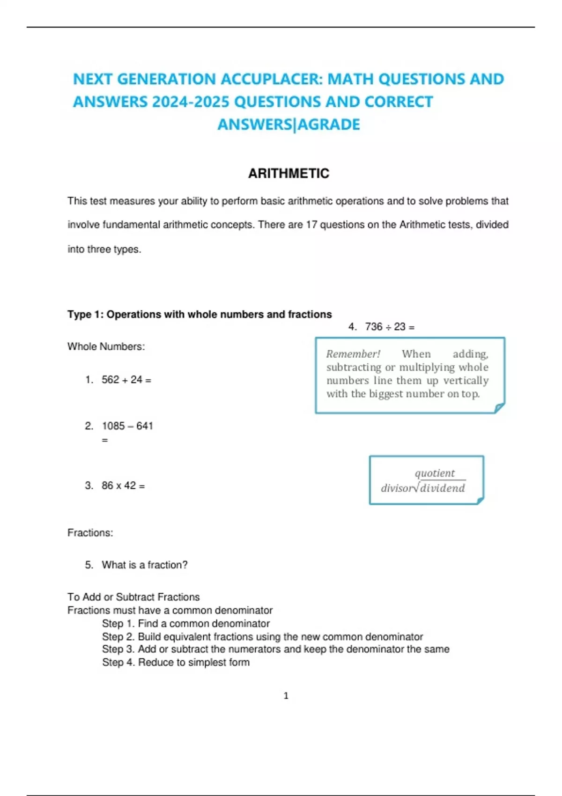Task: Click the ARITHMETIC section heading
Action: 288,174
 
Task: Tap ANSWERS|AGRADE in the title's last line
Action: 288,125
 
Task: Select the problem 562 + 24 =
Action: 126,380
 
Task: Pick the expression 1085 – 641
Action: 127,426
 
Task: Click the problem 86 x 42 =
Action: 123,486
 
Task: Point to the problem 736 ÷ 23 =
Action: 389,327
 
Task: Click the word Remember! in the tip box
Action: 353,354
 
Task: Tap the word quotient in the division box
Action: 435,473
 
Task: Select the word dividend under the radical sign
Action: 443,488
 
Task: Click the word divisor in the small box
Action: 398,488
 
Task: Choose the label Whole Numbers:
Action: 106,346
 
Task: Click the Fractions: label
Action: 90,533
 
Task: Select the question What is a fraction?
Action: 144,565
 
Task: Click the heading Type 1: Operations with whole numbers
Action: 200,314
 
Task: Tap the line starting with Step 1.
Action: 185,624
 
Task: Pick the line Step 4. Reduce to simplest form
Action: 176,663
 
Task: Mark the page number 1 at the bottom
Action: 286,696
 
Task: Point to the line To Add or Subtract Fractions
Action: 133,597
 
